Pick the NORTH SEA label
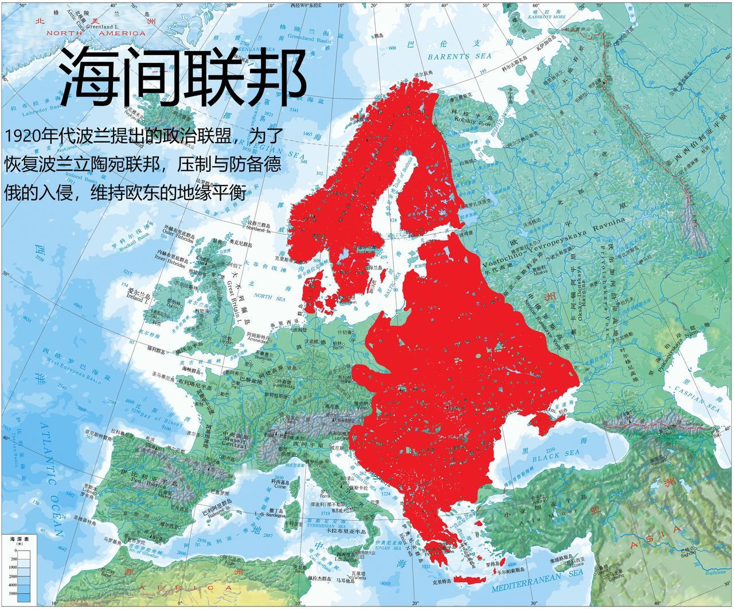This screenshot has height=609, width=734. click(263, 296)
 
